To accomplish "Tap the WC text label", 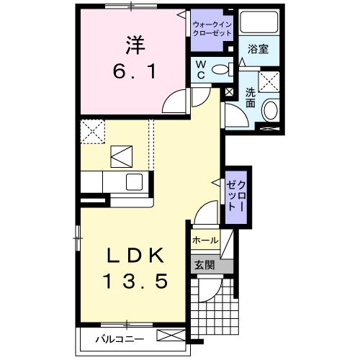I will (201, 70).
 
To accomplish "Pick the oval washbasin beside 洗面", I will (269, 110).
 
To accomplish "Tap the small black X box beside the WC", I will (230, 91).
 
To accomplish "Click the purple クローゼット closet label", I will (235, 192).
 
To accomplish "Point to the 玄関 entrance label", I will (204, 265).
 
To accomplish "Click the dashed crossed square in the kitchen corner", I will (92, 130).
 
